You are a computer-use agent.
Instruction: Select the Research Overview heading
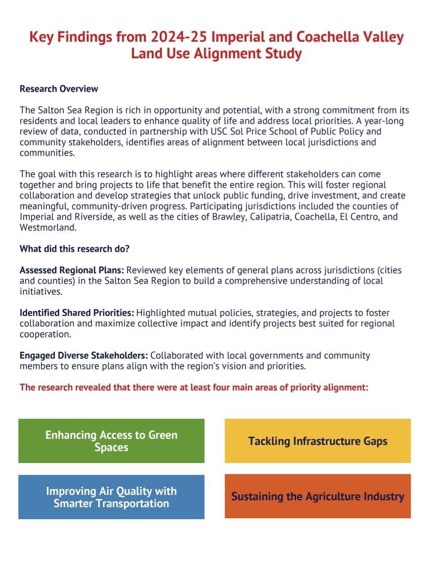point(59,89)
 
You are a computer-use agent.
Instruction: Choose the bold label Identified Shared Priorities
point(77,313)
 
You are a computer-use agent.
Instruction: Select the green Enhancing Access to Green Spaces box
point(111,441)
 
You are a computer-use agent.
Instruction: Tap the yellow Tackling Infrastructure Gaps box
point(318,441)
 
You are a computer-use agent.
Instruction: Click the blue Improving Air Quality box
point(111,497)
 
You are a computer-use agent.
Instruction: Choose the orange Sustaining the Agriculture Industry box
point(318,496)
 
